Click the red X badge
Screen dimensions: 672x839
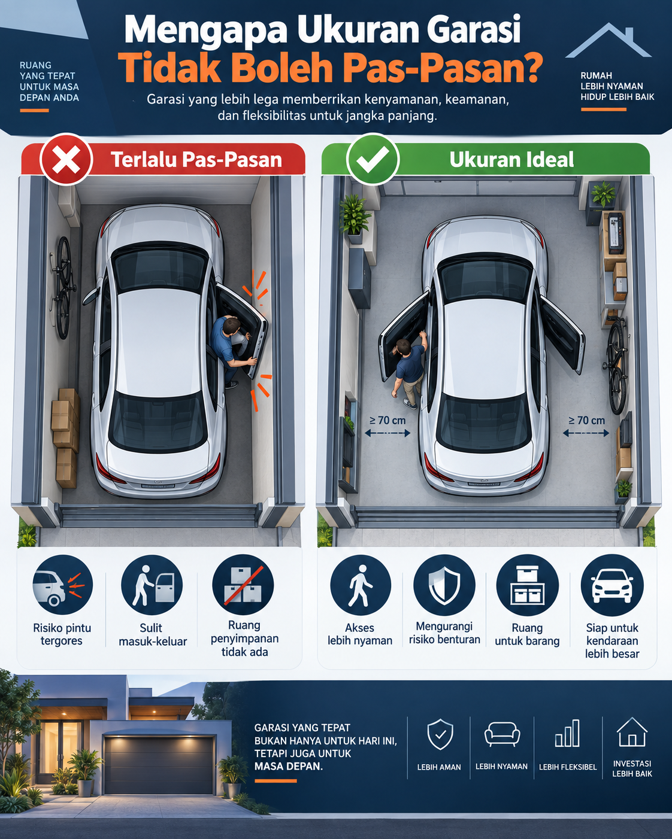(x=66, y=159)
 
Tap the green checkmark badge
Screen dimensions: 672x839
(x=373, y=159)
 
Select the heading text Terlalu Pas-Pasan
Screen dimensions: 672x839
(x=196, y=160)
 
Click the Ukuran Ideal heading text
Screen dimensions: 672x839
(x=511, y=159)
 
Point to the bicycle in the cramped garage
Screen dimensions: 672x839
(x=62, y=287)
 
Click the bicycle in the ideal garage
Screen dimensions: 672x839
(x=617, y=365)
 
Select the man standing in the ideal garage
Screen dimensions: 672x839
(x=410, y=369)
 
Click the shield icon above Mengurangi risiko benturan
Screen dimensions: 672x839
(x=444, y=585)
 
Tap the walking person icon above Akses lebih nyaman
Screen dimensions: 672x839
(x=360, y=585)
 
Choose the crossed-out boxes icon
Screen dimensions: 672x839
(x=243, y=585)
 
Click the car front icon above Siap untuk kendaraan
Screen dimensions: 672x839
(x=612, y=585)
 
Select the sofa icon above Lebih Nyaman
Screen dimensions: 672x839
(x=502, y=734)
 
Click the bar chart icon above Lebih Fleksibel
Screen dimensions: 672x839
(x=567, y=733)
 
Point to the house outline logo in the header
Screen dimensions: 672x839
(x=608, y=40)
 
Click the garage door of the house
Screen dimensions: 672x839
(x=159, y=765)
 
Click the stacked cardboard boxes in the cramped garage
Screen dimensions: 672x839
(x=65, y=437)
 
